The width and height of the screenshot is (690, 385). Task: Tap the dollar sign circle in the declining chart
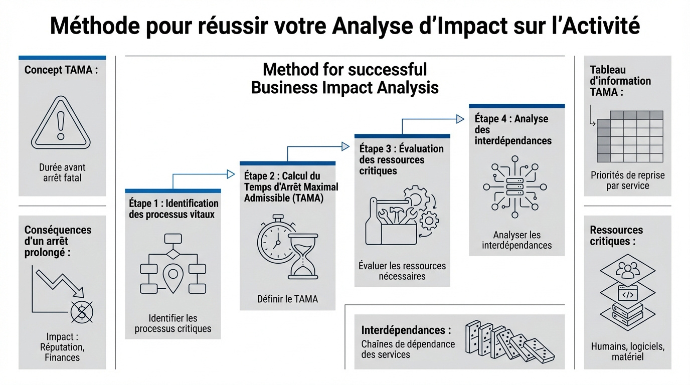coord(82,312)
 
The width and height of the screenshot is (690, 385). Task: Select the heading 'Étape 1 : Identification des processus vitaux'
coord(174,209)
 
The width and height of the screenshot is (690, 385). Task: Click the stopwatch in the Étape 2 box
coord(275,242)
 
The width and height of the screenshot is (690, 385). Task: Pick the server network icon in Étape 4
coord(515,186)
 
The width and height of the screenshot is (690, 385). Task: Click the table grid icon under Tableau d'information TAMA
coord(629,136)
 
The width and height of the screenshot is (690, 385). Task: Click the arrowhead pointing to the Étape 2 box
coord(231,174)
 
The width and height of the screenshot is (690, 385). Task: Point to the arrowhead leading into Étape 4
coord(460,119)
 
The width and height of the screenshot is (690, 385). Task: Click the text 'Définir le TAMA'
coord(287,299)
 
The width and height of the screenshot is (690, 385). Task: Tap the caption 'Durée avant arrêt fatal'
coord(62,172)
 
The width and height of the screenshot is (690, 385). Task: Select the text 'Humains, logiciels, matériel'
coord(627,351)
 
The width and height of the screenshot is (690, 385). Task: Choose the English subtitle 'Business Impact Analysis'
coord(344,88)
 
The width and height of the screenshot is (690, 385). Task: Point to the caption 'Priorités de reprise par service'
coord(627,180)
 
